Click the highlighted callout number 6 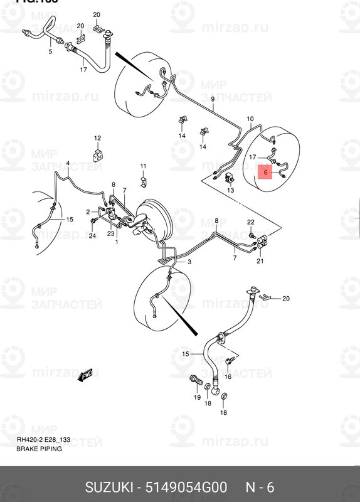tap(265, 171)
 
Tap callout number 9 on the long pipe tap(213, 99)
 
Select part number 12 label tap(97, 137)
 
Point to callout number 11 tap(143, 166)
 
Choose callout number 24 tap(92, 236)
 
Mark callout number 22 tap(250, 222)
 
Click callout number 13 tap(230, 190)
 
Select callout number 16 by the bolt tap(228, 376)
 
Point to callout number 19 tap(197, 398)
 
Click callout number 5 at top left tap(51, 51)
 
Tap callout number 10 tap(250, 119)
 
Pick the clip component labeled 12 tap(97, 154)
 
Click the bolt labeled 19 tap(194, 380)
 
